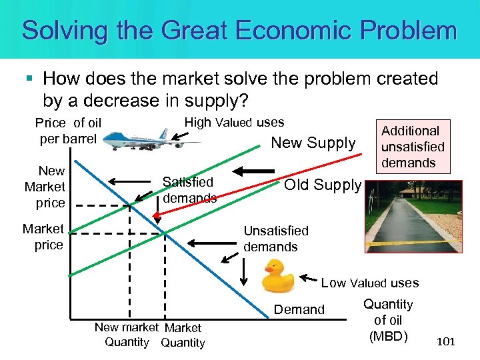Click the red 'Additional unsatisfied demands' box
pyautogui.click(x=412, y=147)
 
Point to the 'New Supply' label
pyautogui.click(x=313, y=143)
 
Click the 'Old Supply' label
pyautogui.click(x=323, y=185)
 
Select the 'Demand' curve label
pyautogui.click(x=299, y=309)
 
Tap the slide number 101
pyautogui.click(x=445, y=342)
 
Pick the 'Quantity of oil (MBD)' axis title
pyautogui.click(x=387, y=319)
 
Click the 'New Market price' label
pyautogui.click(x=45, y=187)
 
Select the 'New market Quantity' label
pyautogui.click(x=127, y=335)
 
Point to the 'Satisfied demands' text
pyautogui.click(x=189, y=190)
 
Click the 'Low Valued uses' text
pyautogui.click(x=370, y=283)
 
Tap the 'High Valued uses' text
pyautogui.click(x=234, y=122)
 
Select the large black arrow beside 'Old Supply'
pyautogui.click(x=250, y=169)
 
